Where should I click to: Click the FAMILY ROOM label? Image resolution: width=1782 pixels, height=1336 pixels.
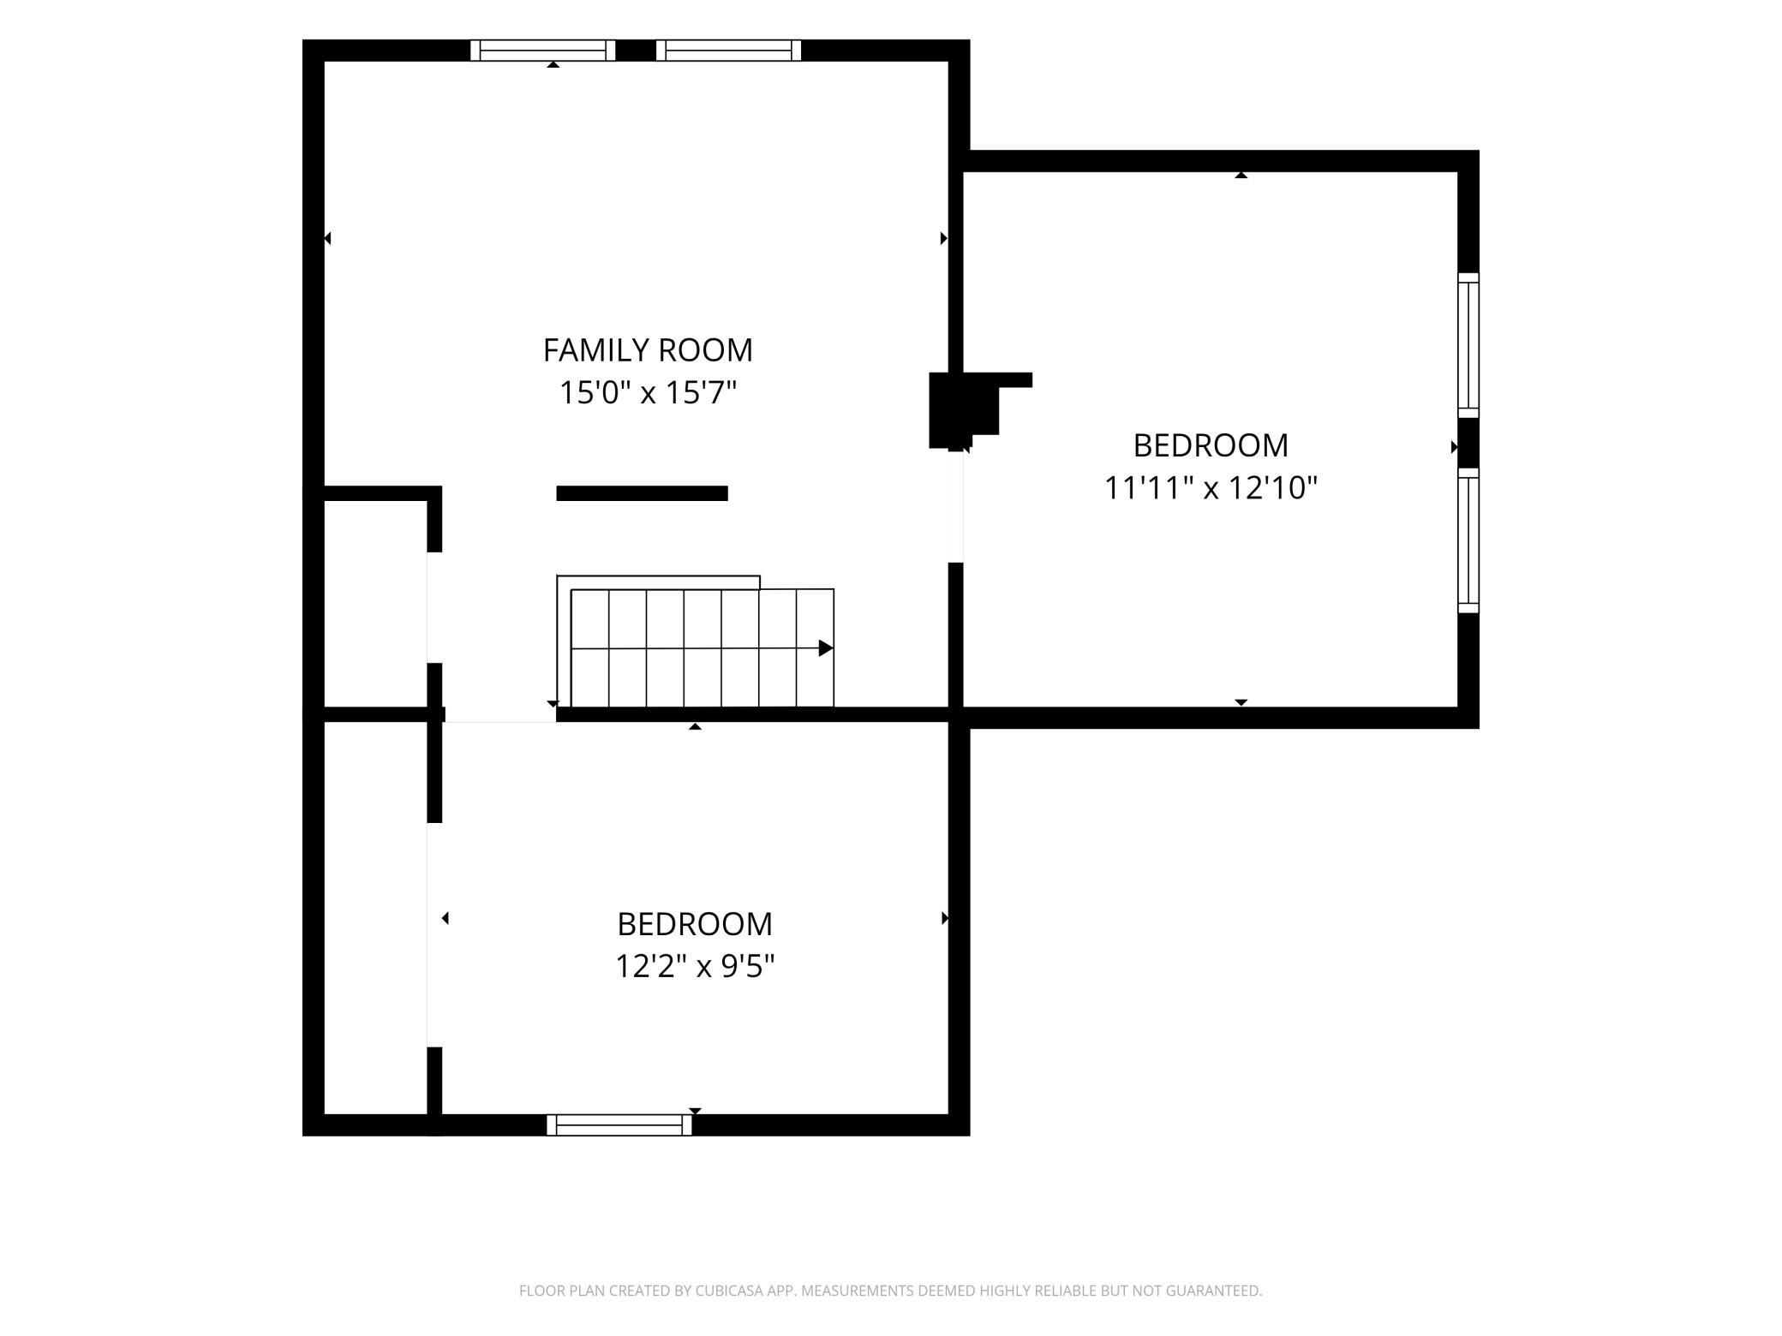click(648, 349)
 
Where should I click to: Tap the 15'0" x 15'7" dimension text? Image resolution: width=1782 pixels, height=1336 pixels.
click(648, 393)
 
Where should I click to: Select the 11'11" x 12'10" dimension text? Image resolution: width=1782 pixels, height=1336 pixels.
click(1211, 487)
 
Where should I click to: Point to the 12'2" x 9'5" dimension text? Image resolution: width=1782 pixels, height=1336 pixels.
click(695, 966)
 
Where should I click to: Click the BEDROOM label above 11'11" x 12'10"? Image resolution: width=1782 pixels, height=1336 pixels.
click(1211, 445)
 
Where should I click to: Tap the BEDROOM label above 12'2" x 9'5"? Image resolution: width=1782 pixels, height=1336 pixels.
click(695, 924)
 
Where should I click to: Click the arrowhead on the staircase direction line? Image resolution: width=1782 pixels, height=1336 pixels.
click(826, 648)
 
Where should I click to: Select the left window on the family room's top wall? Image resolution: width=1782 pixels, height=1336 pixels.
click(543, 51)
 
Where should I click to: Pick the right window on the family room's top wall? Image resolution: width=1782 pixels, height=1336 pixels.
click(729, 51)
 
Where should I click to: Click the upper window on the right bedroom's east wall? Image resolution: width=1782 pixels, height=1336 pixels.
click(1468, 345)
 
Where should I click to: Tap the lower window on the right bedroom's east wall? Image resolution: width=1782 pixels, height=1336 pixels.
click(1468, 540)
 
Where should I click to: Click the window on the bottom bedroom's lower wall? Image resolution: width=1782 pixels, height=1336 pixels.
click(619, 1125)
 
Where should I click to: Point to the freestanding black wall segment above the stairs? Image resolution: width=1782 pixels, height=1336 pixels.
click(643, 493)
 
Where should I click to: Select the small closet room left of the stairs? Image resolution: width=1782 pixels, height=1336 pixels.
click(376, 604)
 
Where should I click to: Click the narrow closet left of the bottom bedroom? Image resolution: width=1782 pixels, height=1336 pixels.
click(376, 918)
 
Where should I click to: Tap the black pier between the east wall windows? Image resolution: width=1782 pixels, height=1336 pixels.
click(1468, 443)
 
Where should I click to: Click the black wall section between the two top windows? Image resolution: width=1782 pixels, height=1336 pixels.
click(636, 51)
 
